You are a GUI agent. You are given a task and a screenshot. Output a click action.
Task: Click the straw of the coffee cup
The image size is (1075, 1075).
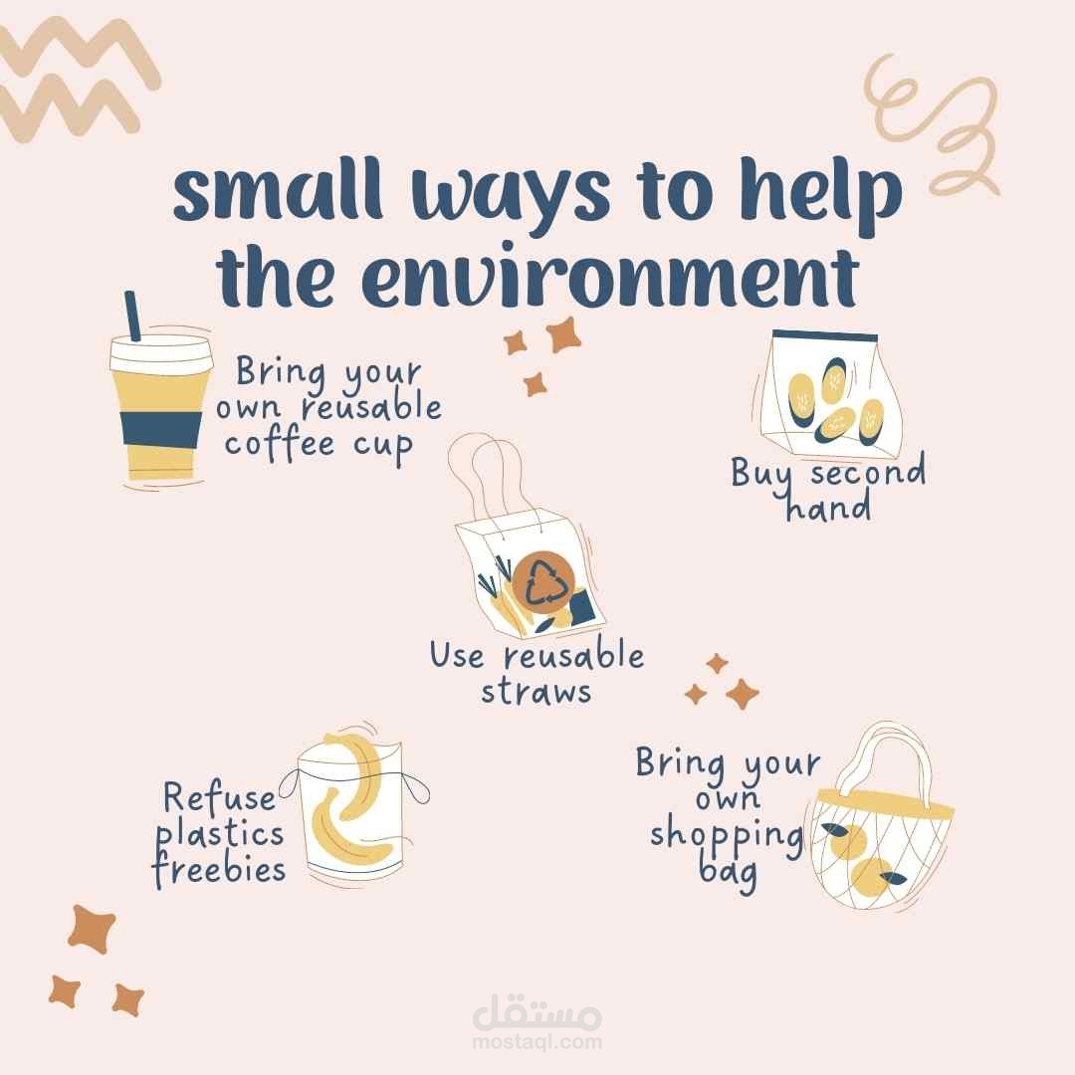pyautogui.click(x=132, y=316)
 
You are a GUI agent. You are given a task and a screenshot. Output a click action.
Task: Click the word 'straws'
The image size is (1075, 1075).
pyautogui.click(x=536, y=691)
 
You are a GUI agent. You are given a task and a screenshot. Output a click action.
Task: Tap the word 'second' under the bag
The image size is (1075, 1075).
pyautogui.click(x=868, y=473)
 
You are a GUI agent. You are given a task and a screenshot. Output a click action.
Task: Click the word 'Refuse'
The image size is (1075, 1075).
pyautogui.click(x=219, y=798)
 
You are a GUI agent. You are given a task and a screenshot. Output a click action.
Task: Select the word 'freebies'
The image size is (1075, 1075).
pyautogui.click(x=219, y=869)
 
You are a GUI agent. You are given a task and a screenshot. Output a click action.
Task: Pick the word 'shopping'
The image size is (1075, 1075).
pyautogui.click(x=727, y=836)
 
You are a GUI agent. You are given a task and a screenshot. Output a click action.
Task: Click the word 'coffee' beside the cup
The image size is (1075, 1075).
pyautogui.click(x=280, y=444)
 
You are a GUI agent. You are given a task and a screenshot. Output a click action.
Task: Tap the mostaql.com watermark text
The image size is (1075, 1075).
pyautogui.click(x=537, y=1042)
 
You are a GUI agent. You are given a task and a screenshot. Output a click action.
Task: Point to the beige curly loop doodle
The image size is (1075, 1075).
pyautogui.click(x=933, y=126)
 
